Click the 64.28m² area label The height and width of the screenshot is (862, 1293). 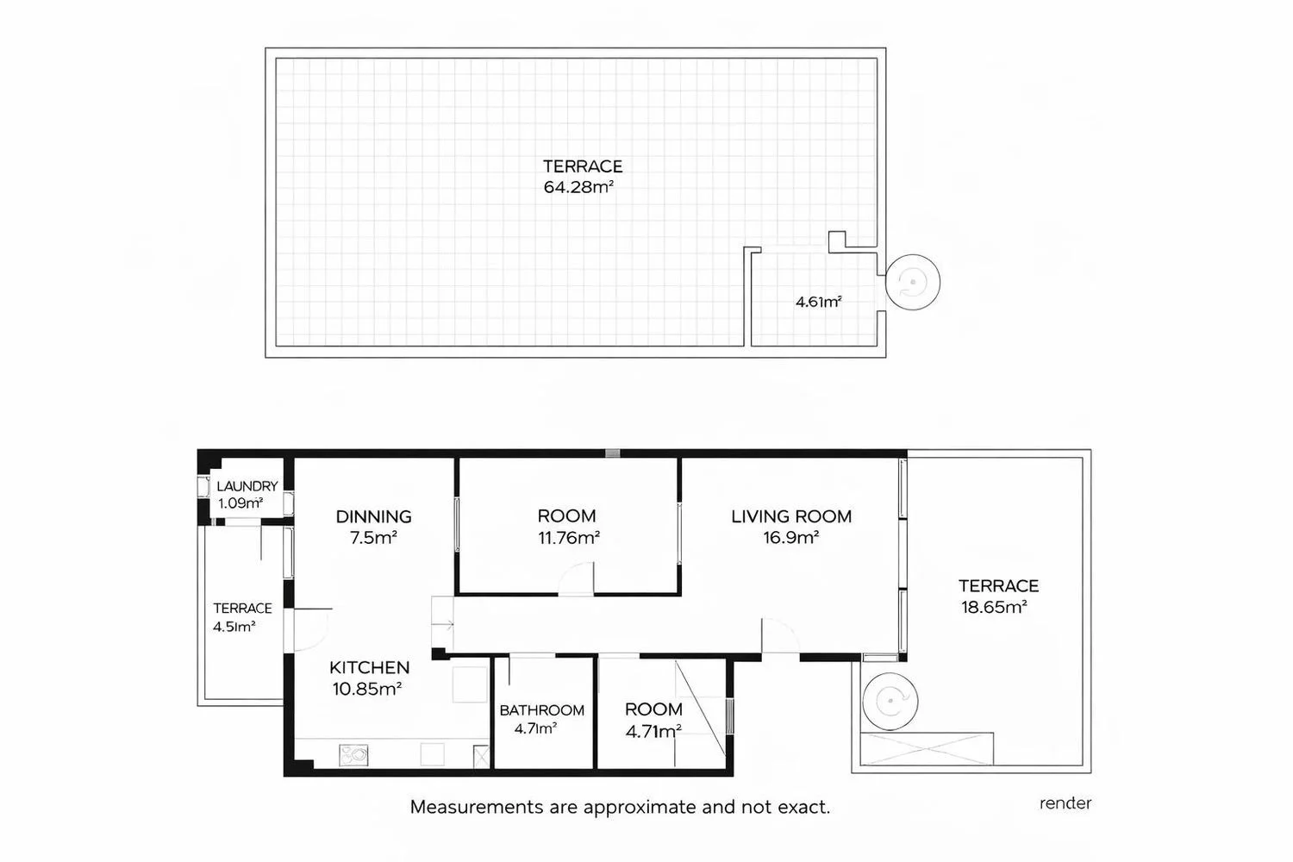click(578, 187)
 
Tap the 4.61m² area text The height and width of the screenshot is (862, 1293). click(819, 302)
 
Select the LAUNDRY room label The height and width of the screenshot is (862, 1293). click(247, 486)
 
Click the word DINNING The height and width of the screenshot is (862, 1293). click(373, 516)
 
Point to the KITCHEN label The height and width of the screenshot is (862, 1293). click(370, 667)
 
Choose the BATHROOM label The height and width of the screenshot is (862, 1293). click(541, 710)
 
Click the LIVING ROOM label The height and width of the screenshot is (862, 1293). click(791, 516)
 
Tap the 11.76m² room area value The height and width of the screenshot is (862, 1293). click(569, 538)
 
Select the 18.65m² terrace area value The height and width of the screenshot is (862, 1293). click(994, 607)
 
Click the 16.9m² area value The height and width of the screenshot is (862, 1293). click(790, 538)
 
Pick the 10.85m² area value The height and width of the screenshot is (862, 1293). click(367, 688)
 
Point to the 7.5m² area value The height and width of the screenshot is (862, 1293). click(373, 538)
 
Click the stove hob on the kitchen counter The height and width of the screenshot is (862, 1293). click(353, 754)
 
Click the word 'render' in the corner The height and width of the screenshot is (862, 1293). click(1065, 803)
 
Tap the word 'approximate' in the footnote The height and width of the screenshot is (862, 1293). click(640, 807)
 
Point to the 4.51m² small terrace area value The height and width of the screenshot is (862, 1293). click(234, 627)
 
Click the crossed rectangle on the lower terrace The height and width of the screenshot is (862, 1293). click(927, 749)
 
